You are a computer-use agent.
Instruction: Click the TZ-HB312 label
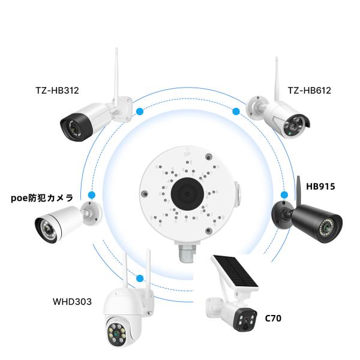tap(57, 91)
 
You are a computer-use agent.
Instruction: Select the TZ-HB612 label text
tap(309, 91)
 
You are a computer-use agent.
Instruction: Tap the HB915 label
tap(320, 187)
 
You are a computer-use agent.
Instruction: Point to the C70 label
tap(273, 318)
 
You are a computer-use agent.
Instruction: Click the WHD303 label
tap(72, 301)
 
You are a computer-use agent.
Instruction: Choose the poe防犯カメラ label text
tap(42, 197)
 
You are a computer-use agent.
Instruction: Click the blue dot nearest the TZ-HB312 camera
tap(139, 111)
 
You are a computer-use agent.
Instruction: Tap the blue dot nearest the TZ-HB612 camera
tap(236, 111)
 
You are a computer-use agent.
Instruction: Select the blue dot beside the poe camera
tap(91, 195)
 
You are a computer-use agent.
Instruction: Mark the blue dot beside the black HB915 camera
tap(284, 195)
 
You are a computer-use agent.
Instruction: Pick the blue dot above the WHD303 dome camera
tap(140, 278)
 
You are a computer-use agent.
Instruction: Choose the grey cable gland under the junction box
tap(188, 251)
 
